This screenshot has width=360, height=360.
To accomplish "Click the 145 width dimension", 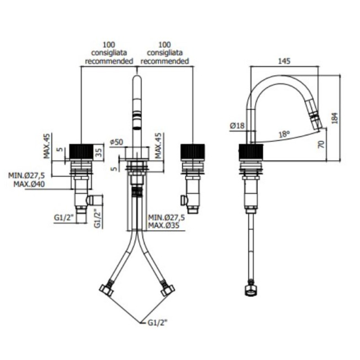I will click(x=284, y=61).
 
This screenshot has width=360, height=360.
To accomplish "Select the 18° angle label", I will click(x=283, y=134).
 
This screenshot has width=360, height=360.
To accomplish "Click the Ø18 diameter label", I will click(x=237, y=126).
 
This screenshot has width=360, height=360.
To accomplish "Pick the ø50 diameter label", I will click(x=117, y=142).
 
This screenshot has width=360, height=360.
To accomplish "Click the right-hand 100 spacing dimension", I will click(x=165, y=45).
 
